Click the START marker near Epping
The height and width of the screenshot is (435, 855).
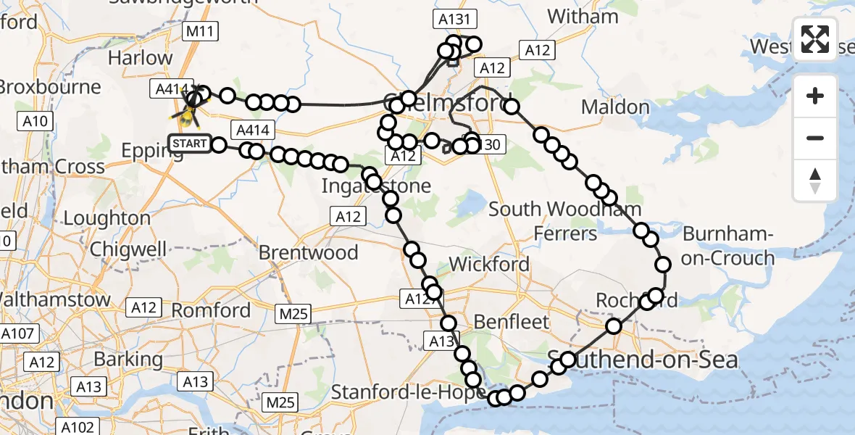(x=190, y=143)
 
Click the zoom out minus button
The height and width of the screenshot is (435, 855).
(x=815, y=138)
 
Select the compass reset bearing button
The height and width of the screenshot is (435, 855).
(x=815, y=180)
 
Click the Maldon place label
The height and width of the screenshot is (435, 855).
(x=615, y=107)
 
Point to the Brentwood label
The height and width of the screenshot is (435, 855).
(x=309, y=252)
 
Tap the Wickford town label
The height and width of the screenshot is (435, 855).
(x=489, y=264)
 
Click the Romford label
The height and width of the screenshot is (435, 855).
(x=211, y=310)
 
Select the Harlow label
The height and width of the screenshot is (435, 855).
(x=140, y=57)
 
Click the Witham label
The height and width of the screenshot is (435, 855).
(x=583, y=16)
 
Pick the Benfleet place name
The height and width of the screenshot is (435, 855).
(x=512, y=321)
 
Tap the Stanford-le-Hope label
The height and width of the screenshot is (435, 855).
(x=409, y=393)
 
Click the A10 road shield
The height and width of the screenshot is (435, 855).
(x=36, y=121)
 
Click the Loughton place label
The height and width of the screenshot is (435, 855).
(x=107, y=217)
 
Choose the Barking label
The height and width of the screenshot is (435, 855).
(x=128, y=359)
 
